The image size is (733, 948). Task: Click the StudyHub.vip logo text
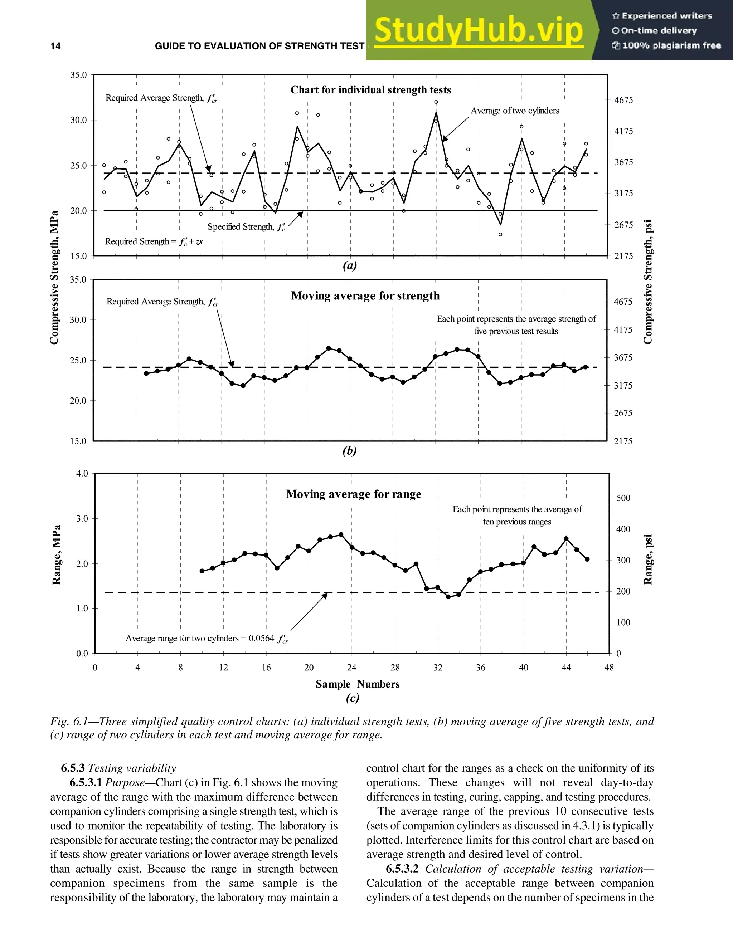click(478, 30)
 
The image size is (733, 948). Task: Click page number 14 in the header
click(55, 46)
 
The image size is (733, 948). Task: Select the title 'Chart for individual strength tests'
click(370, 90)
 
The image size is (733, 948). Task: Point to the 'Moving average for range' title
click(354, 494)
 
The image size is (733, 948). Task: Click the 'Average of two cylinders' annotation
click(515, 111)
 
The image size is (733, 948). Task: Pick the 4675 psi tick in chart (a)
click(623, 100)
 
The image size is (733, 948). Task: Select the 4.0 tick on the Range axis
click(82, 473)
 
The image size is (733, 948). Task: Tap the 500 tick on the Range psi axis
click(623, 498)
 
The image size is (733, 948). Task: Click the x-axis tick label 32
click(438, 668)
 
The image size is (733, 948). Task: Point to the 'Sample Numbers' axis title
click(358, 684)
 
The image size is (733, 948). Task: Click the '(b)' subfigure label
click(350, 450)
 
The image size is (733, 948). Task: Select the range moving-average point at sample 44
click(566, 539)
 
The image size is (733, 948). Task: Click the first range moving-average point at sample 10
click(202, 571)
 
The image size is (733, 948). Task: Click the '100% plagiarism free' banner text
click(671, 45)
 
